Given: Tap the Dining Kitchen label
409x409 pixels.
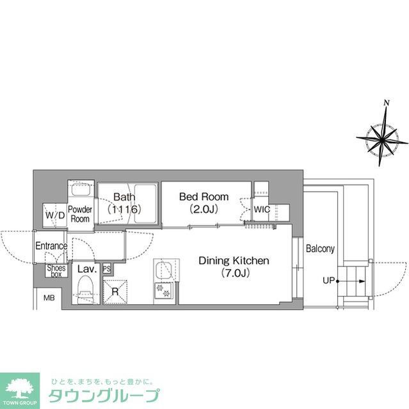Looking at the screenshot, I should [x=233, y=261].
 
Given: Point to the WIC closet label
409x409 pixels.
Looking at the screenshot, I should [x=262, y=209].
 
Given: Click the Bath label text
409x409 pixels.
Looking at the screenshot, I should [x=124, y=196].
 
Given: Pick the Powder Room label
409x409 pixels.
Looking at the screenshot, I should [x=80, y=213].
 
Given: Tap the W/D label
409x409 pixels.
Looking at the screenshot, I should [x=54, y=215].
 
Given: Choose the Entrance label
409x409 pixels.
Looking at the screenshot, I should [x=51, y=246].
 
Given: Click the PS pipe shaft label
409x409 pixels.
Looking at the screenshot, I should [x=107, y=269].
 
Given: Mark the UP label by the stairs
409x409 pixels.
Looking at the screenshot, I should [x=329, y=280].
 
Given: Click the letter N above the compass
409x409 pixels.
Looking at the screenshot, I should [x=387, y=102].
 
